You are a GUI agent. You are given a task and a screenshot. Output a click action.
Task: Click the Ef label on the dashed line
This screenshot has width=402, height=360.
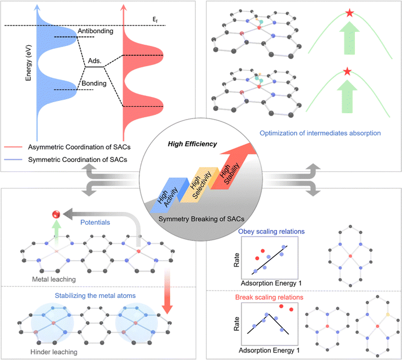click(154, 19)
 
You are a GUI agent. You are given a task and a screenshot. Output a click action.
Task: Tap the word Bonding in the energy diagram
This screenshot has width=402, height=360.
click(94, 83)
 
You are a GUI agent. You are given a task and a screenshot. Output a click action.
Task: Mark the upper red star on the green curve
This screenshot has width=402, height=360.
click(349, 13)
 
